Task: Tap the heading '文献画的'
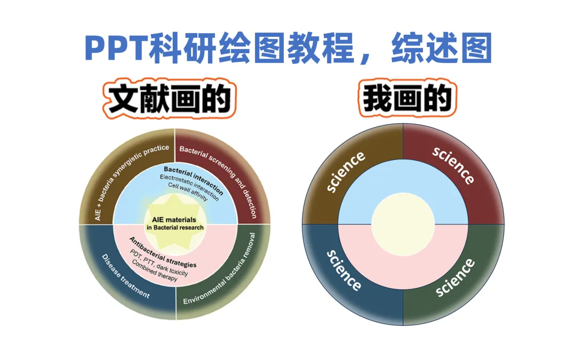coord(169,99)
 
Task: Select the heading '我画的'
coord(407,99)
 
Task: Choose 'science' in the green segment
coord(455,277)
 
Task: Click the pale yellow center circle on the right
coord(403,224)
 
